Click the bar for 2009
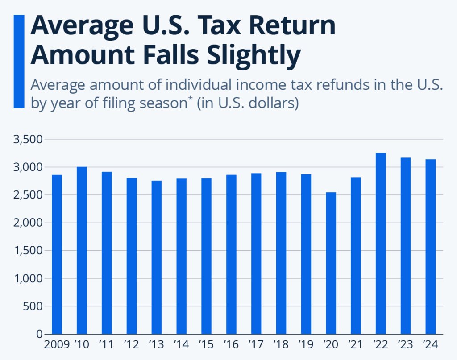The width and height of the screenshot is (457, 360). click(x=57, y=254)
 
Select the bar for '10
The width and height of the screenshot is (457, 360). click(x=82, y=250)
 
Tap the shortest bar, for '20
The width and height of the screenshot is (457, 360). click(x=331, y=263)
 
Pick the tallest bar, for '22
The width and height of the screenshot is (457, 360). click(x=381, y=244)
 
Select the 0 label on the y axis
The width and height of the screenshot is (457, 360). click(x=40, y=334)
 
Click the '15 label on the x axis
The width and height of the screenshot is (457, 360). click(x=206, y=345)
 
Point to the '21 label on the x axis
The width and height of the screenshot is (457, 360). click(x=356, y=345)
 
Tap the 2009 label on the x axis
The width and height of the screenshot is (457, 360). click(x=56, y=345)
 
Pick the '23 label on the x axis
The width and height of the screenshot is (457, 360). click(x=405, y=345)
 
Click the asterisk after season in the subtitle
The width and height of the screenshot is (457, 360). click(x=189, y=99)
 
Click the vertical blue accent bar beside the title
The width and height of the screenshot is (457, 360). click(x=19, y=61)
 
